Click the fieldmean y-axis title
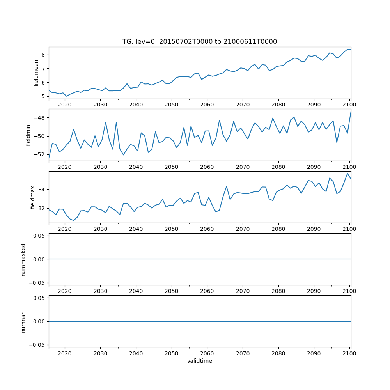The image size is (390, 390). pyautogui.click(x=36, y=73)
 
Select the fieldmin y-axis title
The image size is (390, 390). pyautogui.click(x=28, y=135)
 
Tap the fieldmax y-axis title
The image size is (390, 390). pyautogui.click(x=33, y=197)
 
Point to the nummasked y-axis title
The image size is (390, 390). pyautogui.click(x=23, y=259)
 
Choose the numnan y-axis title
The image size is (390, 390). pyautogui.click(x=23, y=321)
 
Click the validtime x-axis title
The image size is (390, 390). pyautogui.click(x=200, y=361)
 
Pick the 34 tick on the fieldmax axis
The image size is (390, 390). pyautogui.click(x=42, y=190)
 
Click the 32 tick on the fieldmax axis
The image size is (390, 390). pyautogui.click(x=42, y=208)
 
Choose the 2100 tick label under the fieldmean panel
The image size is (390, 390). pyautogui.click(x=349, y=105)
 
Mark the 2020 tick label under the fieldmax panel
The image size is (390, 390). pyautogui.click(x=65, y=229)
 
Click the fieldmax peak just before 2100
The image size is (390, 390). pyautogui.click(x=347, y=173)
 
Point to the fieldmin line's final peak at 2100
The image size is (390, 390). pyautogui.click(x=351, y=112)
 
